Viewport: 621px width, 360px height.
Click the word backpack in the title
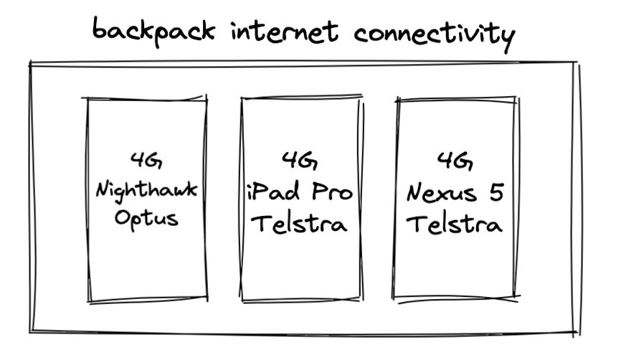[x=153, y=32]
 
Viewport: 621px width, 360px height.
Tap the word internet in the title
[x=285, y=32]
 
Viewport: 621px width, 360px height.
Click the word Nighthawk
[x=146, y=191]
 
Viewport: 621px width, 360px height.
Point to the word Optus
[x=146, y=219]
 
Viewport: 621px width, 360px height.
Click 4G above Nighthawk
[x=146, y=160]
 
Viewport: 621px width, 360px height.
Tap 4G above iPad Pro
[x=300, y=160]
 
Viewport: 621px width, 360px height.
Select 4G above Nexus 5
[x=455, y=161]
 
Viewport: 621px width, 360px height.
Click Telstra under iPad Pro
[x=299, y=224]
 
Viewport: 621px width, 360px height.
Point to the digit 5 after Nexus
[x=496, y=192]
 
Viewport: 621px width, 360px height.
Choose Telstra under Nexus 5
[x=454, y=224]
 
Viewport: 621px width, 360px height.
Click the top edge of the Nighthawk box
[x=145, y=98]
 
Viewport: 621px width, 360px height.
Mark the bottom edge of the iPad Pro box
[x=301, y=300]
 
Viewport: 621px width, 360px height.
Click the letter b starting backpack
[x=100, y=28]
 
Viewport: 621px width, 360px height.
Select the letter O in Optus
[x=123, y=217]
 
